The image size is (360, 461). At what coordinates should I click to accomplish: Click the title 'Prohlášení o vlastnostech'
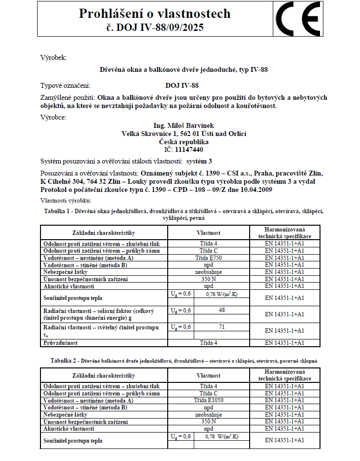coord(155,14)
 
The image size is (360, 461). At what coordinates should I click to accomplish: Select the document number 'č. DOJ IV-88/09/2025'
coord(155,27)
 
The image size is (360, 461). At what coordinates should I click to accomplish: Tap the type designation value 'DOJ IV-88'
coord(182,85)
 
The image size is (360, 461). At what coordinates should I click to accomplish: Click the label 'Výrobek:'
coord(53,58)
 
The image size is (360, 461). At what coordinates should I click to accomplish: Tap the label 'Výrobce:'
coord(53,117)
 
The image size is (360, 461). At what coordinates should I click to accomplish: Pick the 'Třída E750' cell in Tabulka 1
coord(208,258)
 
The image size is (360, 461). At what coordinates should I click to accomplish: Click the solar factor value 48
coord(222,310)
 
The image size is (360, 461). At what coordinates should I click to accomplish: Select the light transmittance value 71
coord(222,327)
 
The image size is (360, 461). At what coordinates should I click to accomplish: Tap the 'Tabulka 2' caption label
coord(65,361)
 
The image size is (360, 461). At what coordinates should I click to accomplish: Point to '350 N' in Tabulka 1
coord(208,279)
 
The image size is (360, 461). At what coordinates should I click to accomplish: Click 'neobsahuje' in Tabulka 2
coord(208,414)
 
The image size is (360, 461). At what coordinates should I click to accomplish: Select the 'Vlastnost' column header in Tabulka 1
coord(208,232)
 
